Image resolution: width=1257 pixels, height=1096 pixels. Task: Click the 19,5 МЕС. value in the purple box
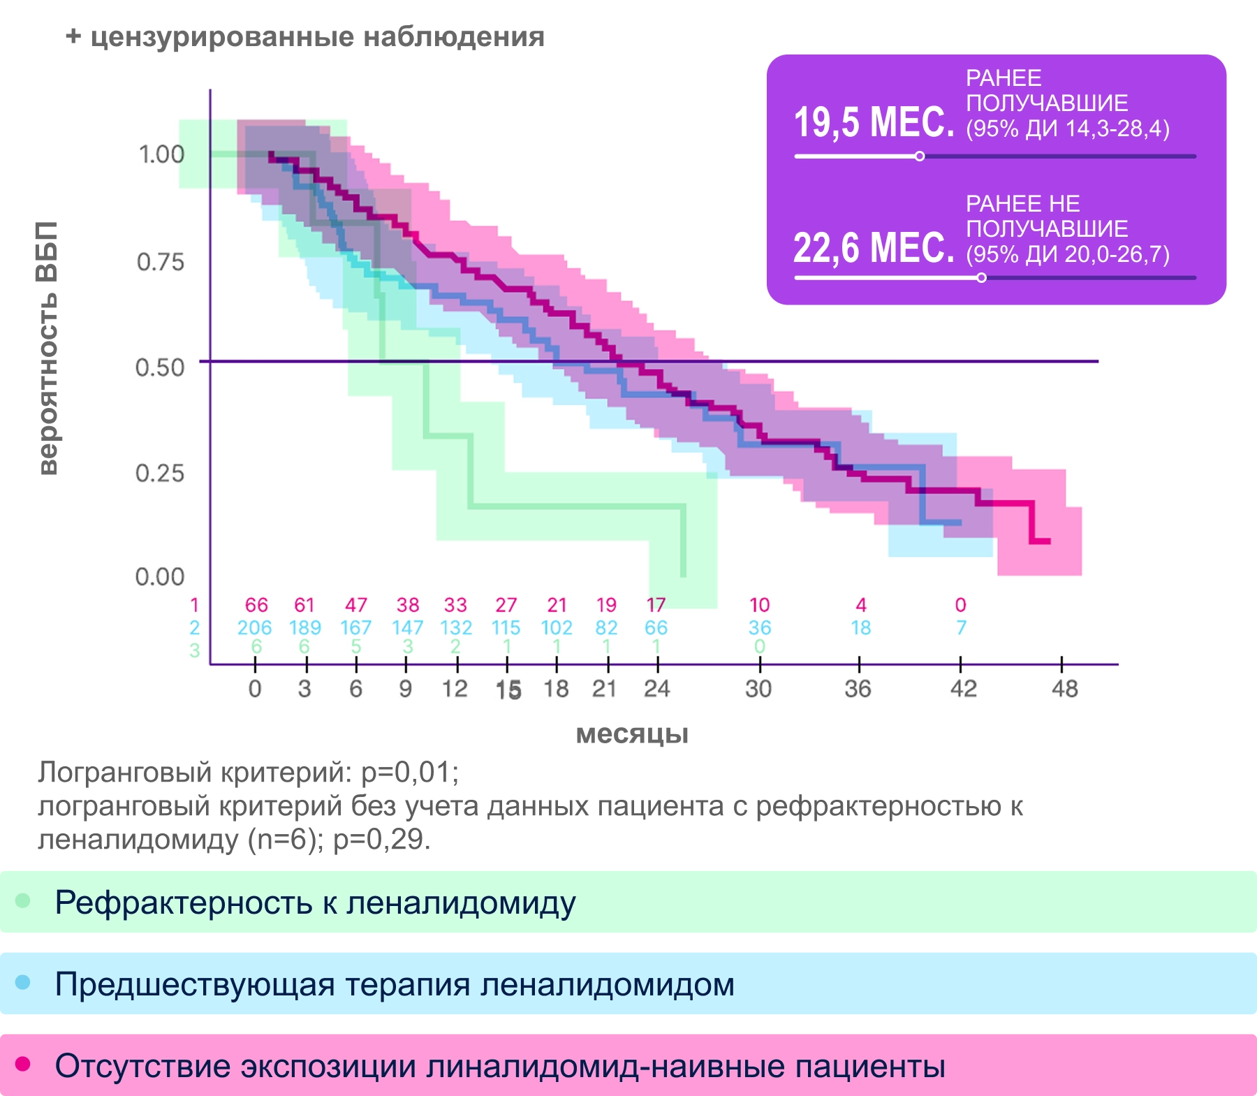pyautogui.click(x=873, y=122)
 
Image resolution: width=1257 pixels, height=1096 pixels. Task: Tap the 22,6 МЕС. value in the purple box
pyautogui.click(x=873, y=248)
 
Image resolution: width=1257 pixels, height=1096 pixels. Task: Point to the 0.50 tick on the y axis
pyautogui.click(x=160, y=367)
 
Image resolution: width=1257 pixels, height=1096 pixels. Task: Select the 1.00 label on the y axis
pyautogui.click(x=161, y=154)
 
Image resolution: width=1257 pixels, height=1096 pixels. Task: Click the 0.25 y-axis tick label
pyautogui.click(x=160, y=473)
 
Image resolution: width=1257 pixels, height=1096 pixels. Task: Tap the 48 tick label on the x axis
pyautogui.click(x=1064, y=689)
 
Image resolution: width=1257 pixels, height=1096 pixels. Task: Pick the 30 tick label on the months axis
pyautogui.click(x=758, y=689)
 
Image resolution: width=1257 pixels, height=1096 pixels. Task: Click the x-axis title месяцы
pyautogui.click(x=632, y=734)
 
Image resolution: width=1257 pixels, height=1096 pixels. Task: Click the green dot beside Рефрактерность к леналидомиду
pyautogui.click(x=23, y=901)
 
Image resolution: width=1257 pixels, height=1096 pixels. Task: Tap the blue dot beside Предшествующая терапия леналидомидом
pyautogui.click(x=23, y=983)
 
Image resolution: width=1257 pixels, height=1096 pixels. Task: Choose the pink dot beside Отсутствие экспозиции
pyautogui.click(x=23, y=1064)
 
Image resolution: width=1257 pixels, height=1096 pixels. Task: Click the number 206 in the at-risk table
pyautogui.click(x=254, y=628)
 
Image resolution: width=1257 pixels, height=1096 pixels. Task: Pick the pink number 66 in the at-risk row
pyautogui.click(x=256, y=605)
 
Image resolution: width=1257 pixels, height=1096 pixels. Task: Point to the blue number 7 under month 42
pyautogui.click(x=961, y=628)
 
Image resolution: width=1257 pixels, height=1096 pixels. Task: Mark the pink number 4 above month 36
pyautogui.click(x=861, y=605)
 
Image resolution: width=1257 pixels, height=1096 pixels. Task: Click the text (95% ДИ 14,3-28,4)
pyautogui.click(x=1067, y=129)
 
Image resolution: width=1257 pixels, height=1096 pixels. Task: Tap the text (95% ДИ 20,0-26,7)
pyautogui.click(x=1067, y=254)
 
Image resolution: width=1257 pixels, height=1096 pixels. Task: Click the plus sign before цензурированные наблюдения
pyautogui.click(x=73, y=36)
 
